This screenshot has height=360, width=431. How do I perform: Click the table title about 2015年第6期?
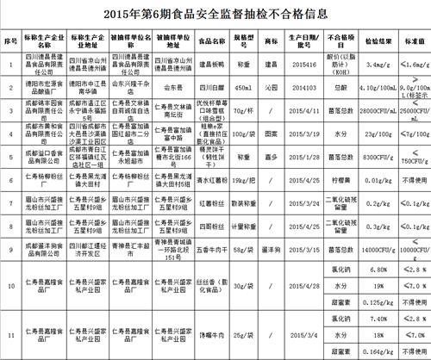pyautogui.click(x=215, y=15)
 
